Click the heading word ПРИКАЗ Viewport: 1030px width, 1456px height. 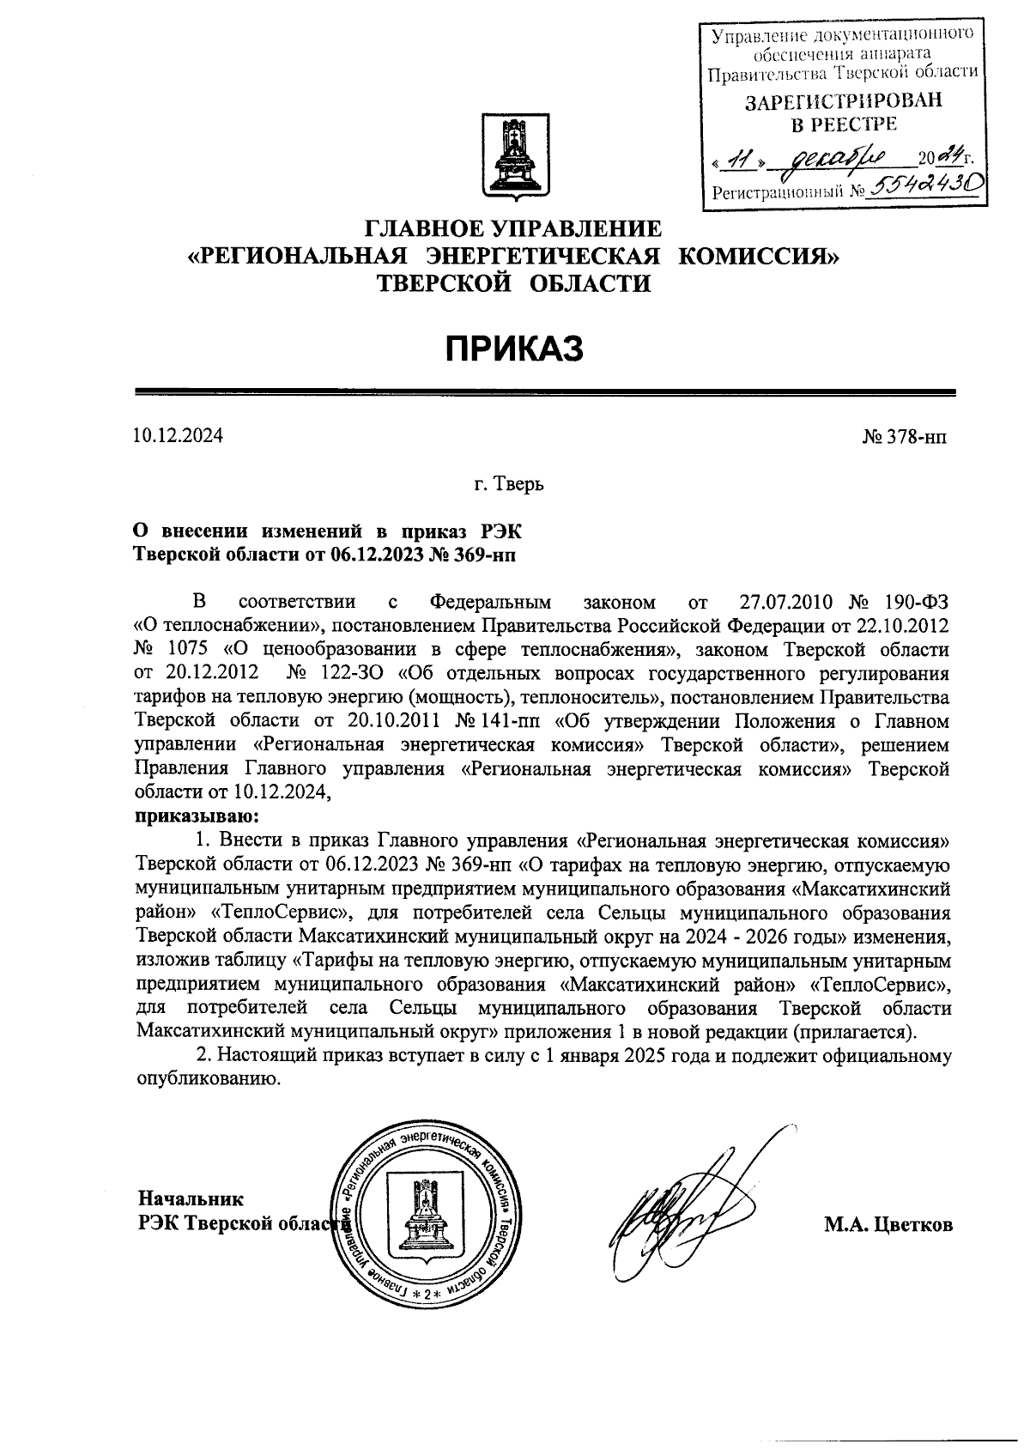coord(514,349)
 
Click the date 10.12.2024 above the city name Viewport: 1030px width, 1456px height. coord(178,435)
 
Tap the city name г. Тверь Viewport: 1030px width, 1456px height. coord(509,485)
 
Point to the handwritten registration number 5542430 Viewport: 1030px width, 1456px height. coord(924,184)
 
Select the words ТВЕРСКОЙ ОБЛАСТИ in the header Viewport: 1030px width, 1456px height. coord(514,284)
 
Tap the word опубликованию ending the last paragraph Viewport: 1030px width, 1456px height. coord(209,1079)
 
